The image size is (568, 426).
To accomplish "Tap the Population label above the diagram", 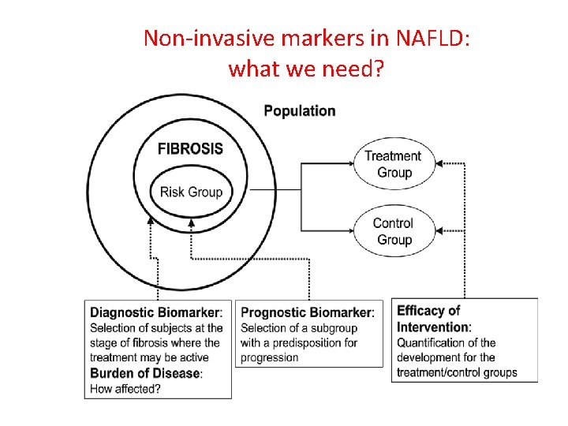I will [x=299, y=111].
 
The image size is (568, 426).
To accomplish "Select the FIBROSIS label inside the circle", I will [x=190, y=148].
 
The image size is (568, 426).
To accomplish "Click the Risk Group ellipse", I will [x=191, y=192].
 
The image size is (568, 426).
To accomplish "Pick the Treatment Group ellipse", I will [x=394, y=164].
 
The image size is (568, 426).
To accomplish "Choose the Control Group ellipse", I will [x=394, y=231].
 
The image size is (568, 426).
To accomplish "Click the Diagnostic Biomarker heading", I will [x=155, y=312].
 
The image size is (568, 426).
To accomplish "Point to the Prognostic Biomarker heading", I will [x=307, y=312].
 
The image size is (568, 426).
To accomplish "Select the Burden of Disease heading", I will [x=146, y=373].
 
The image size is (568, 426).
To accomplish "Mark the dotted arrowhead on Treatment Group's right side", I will [x=439, y=163].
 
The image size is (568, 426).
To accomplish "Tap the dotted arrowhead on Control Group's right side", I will [x=439, y=231].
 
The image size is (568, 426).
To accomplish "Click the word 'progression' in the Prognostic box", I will [x=270, y=357].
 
